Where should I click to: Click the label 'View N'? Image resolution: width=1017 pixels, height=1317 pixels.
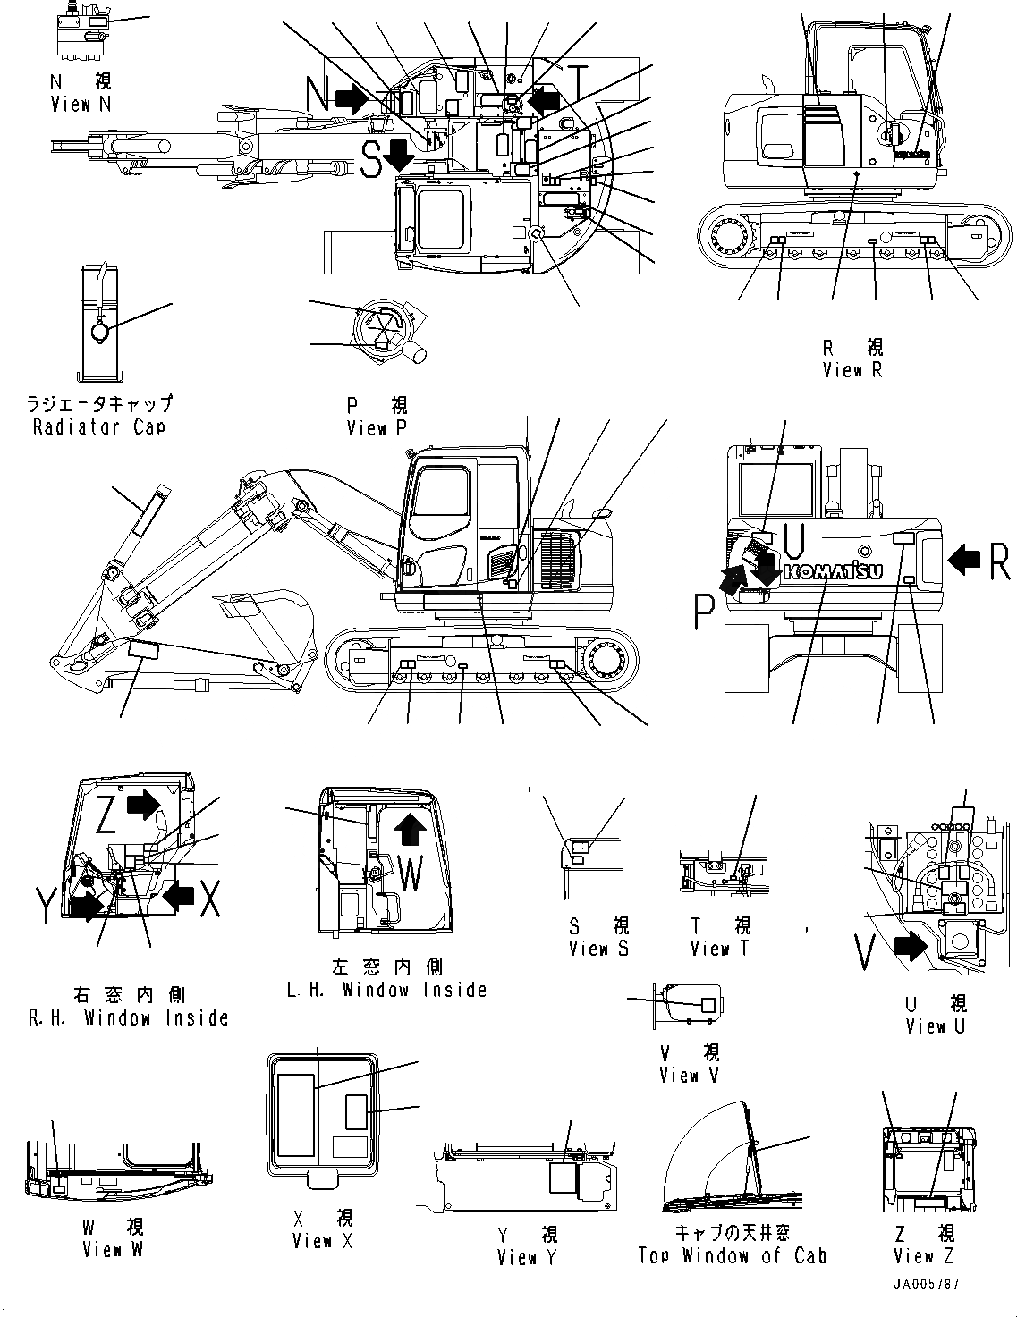81,105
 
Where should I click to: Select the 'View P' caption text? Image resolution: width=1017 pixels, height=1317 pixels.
376,428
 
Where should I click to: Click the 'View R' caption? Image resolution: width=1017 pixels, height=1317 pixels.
852,370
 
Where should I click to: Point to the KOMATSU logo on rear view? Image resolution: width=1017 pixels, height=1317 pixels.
833,572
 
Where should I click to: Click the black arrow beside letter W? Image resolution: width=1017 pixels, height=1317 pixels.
410,829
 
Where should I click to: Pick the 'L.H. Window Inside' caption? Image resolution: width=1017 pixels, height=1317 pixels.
386,990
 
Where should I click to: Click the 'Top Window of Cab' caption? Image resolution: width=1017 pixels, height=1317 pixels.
732,1255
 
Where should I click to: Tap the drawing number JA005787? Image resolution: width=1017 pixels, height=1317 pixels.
925,1285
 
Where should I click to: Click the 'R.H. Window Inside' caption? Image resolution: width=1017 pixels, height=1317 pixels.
129,1017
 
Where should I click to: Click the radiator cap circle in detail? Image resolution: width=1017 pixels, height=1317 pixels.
99,332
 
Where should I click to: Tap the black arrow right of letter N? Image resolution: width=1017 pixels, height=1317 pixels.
352,97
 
